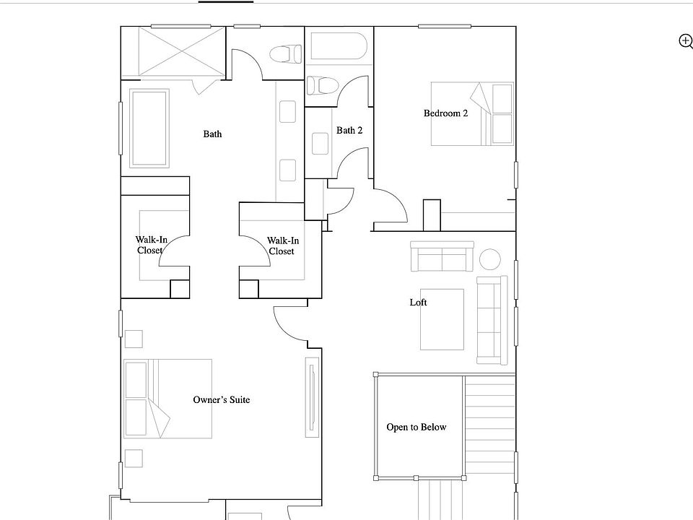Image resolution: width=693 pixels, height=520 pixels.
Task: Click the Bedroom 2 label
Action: tap(445, 113)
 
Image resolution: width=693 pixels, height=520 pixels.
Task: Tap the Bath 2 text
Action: tap(349, 131)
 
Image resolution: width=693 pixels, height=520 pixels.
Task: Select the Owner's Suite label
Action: tap(222, 399)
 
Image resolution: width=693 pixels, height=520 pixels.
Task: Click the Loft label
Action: tap(418, 303)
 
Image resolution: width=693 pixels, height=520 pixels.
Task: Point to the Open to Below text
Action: tap(416, 428)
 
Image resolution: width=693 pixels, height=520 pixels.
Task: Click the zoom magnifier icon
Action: tap(685, 41)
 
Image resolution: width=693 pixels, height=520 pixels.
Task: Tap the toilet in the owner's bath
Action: tap(284, 53)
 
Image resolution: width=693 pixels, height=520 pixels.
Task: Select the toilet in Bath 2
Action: tap(322, 85)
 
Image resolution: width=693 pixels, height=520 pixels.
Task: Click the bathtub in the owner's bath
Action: tap(149, 129)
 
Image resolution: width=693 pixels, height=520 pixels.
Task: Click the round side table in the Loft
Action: tap(490, 259)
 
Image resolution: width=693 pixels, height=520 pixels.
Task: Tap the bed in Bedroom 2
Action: tap(472, 113)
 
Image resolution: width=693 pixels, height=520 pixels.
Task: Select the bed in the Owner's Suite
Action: tap(167, 399)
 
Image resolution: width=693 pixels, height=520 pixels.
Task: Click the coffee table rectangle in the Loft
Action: tap(442, 319)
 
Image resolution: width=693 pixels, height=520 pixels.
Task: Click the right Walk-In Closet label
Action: tap(281, 246)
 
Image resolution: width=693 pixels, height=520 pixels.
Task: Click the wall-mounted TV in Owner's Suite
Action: tap(311, 399)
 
